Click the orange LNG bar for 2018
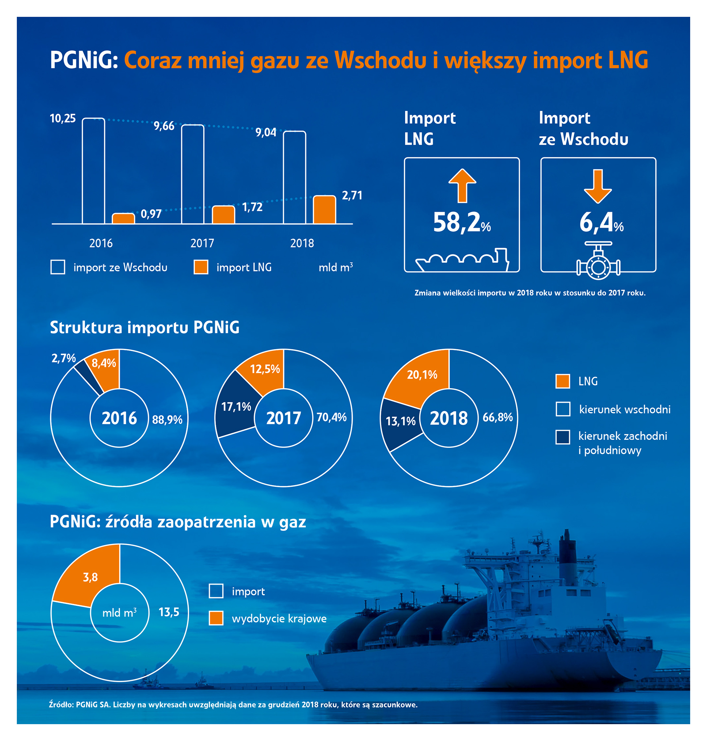(x=324, y=210)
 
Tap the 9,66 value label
(x=164, y=126)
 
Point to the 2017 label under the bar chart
(x=202, y=243)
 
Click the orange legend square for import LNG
(x=201, y=267)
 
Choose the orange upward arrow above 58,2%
(x=462, y=185)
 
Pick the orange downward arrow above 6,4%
(x=598, y=186)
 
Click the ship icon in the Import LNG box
(x=462, y=260)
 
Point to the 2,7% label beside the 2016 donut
(x=64, y=358)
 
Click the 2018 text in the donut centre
(x=449, y=418)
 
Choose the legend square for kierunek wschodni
(x=563, y=409)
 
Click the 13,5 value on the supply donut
(x=169, y=612)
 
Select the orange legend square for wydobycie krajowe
(x=216, y=618)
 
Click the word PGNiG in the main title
(x=84, y=60)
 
